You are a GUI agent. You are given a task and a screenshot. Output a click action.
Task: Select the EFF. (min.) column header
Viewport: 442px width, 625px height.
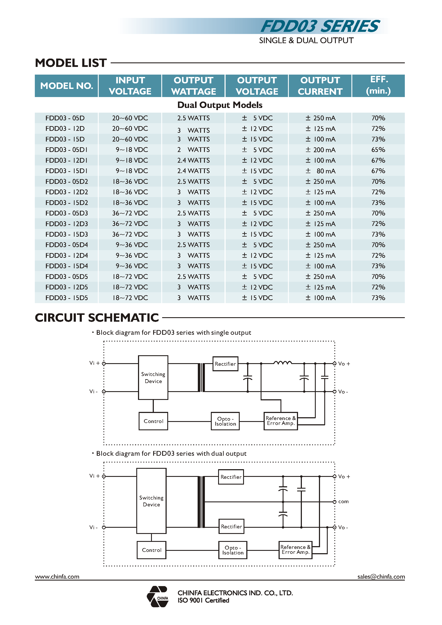pos(378,85)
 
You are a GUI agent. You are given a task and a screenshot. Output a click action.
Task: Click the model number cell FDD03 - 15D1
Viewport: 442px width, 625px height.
pos(66,171)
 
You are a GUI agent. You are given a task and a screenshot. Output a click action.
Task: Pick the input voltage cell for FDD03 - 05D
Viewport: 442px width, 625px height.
pos(130,118)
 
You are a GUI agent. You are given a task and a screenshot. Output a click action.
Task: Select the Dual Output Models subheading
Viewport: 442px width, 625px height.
pos(220,105)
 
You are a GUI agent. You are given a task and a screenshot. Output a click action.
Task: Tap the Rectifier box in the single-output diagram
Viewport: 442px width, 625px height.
pos(225,364)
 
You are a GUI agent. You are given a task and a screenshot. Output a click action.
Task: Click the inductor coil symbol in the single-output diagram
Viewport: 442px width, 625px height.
pos(282,363)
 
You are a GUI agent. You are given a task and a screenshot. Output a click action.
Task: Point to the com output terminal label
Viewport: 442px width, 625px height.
pos(343,501)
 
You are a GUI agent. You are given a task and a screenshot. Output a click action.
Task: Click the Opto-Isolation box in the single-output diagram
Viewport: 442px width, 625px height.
pos(225,421)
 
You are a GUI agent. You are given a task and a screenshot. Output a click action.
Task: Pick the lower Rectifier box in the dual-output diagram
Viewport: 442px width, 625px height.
pos(231,526)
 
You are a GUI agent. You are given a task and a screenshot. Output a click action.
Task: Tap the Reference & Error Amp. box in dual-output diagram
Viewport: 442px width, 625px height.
pos(295,550)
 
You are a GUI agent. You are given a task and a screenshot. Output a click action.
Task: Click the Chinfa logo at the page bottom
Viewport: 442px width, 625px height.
pos(158,596)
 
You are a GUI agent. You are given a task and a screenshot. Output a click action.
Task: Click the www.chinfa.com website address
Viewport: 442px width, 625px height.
pos(57,576)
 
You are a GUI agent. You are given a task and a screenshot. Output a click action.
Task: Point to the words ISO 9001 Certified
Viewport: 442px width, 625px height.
pos(203,600)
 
